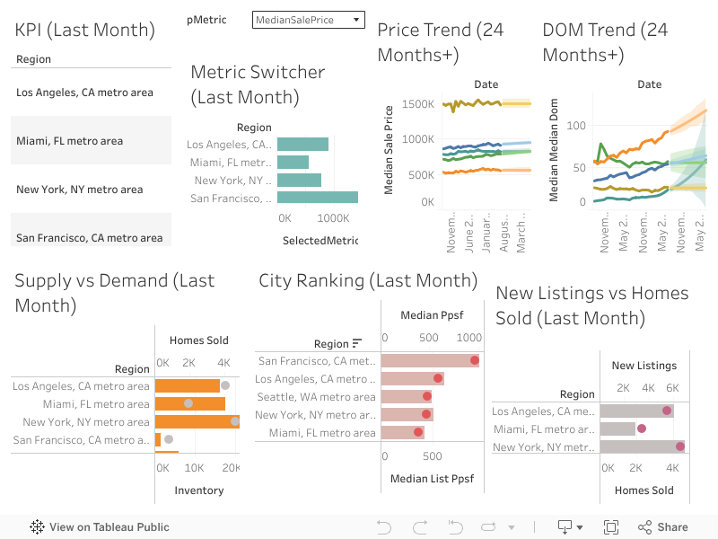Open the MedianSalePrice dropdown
coord(308,20)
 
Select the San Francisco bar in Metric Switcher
coord(317,198)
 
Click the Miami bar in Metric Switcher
coord(293,162)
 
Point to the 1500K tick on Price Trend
coord(419,104)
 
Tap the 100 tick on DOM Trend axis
coord(576,126)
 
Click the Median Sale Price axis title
coord(389,150)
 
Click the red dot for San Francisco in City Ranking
coord(474,361)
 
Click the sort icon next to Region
coord(357,343)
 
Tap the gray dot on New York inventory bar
coord(235,421)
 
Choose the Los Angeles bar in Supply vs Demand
coord(187,386)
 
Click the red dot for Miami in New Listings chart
coord(641,429)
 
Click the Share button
coord(663,527)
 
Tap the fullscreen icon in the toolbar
coord(611,527)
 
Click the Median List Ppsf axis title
coord(433,479)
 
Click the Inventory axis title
coord(198,490)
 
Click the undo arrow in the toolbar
coord(384,527)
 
